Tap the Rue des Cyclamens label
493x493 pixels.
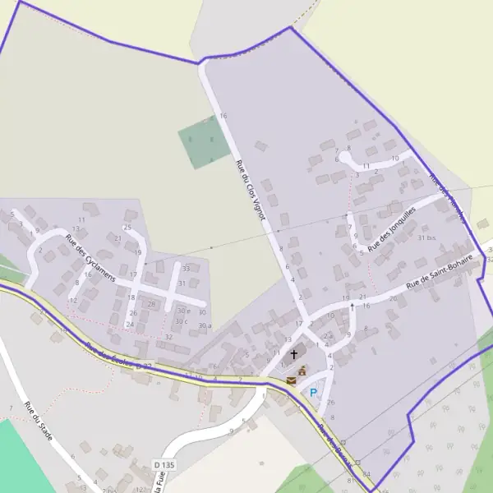[90, 258]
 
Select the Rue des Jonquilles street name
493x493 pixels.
[392, 229]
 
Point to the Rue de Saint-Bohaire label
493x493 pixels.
[440, 270]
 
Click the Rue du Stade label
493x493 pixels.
[38, 420]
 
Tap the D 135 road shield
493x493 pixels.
[164, 465]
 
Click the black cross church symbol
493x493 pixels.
[293, 355]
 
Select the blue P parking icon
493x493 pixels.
[312, 393]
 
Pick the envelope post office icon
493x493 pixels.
[291, 380]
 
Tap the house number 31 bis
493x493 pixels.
[426, 237]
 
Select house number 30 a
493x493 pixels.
[204, 326]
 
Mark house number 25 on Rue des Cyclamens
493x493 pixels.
[127, 227]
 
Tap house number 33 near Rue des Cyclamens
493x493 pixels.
[186, 268]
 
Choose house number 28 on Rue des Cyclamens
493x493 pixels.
[151, 304]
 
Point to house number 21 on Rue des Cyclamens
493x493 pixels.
[118, 238]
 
